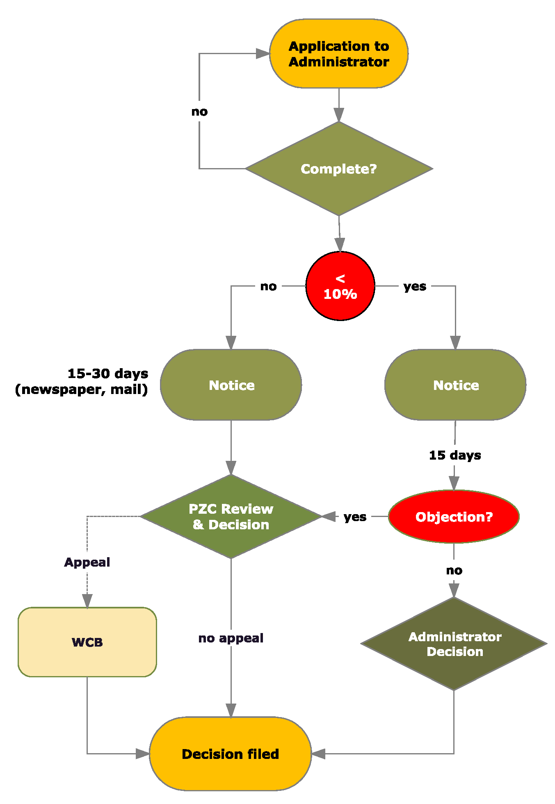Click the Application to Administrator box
(338, 54)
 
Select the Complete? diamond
(338, 169)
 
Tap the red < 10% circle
(340, 286)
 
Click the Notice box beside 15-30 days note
(231, 385)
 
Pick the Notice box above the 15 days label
(455, 385)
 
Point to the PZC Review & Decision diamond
(231, 517)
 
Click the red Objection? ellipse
(454, 517)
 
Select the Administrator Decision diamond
(454, 644)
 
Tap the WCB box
(87, 642)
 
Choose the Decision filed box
(231, 754)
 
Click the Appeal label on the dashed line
(87, 562)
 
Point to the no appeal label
(231, 638)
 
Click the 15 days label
(455, 455)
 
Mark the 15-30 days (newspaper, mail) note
(82, 381)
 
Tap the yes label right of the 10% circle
(415, 286)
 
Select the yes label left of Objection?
(355, 517)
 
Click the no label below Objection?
(454, 570)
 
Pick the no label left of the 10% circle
(269, 286)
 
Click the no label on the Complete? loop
(200, 112)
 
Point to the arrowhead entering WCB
(87, 601)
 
